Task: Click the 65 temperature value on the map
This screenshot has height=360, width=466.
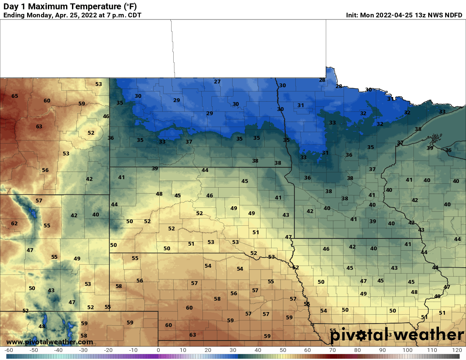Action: click(x=15, y=96)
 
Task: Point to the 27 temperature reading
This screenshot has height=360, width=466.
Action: click(x=217, y=82)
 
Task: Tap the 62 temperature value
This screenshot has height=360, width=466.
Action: click(x=14, y=223)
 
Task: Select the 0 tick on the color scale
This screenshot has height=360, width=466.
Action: click(x=158, y=350)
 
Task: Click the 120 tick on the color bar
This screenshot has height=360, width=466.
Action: click(x=456, y=350)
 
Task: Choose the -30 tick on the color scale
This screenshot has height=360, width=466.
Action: click(x=83, y=350)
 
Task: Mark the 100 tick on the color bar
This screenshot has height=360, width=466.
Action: click(x=408, y=350)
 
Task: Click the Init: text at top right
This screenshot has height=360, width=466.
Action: click(x=352, y=15)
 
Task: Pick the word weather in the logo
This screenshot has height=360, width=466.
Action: click(x=425, y=335)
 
